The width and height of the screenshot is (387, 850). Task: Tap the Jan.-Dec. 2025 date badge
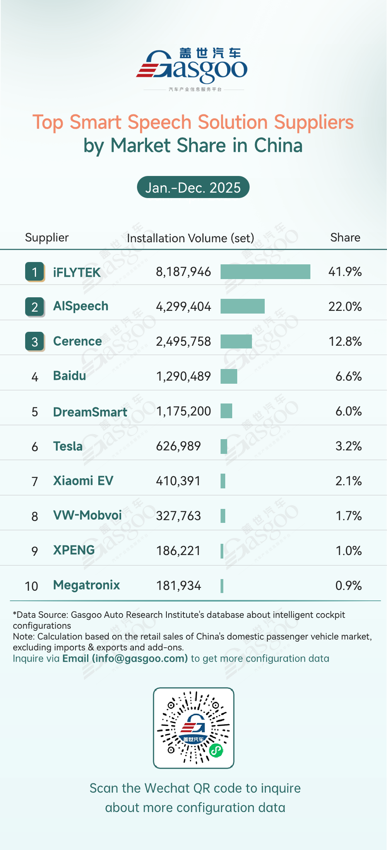point(193,188)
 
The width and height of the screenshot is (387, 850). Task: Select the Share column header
point(345,238)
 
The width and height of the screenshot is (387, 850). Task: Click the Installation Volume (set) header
point(190,238)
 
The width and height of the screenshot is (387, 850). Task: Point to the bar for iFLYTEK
point(265,272)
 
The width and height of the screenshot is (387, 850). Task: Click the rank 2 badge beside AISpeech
point(34,307)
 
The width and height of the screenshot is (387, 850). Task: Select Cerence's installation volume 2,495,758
point(183,341)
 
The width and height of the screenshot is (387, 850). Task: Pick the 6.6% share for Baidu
point(348,376)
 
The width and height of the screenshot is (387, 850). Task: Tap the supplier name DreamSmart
point(90,412)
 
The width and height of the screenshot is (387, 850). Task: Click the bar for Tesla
point(224,447)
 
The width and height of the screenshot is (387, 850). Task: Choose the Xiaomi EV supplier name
point(83,481)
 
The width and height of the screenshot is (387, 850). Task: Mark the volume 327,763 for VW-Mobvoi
point(178,516)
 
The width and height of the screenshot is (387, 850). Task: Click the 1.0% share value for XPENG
point(348,551)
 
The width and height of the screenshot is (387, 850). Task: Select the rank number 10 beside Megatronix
point(31,586)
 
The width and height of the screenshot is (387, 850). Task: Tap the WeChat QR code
point(193,728)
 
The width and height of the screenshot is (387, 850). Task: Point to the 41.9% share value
point(345,272)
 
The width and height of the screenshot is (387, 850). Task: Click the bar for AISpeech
point(242,306)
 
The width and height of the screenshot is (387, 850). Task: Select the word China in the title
point(278,146)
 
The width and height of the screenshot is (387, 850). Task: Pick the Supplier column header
point(47,238)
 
